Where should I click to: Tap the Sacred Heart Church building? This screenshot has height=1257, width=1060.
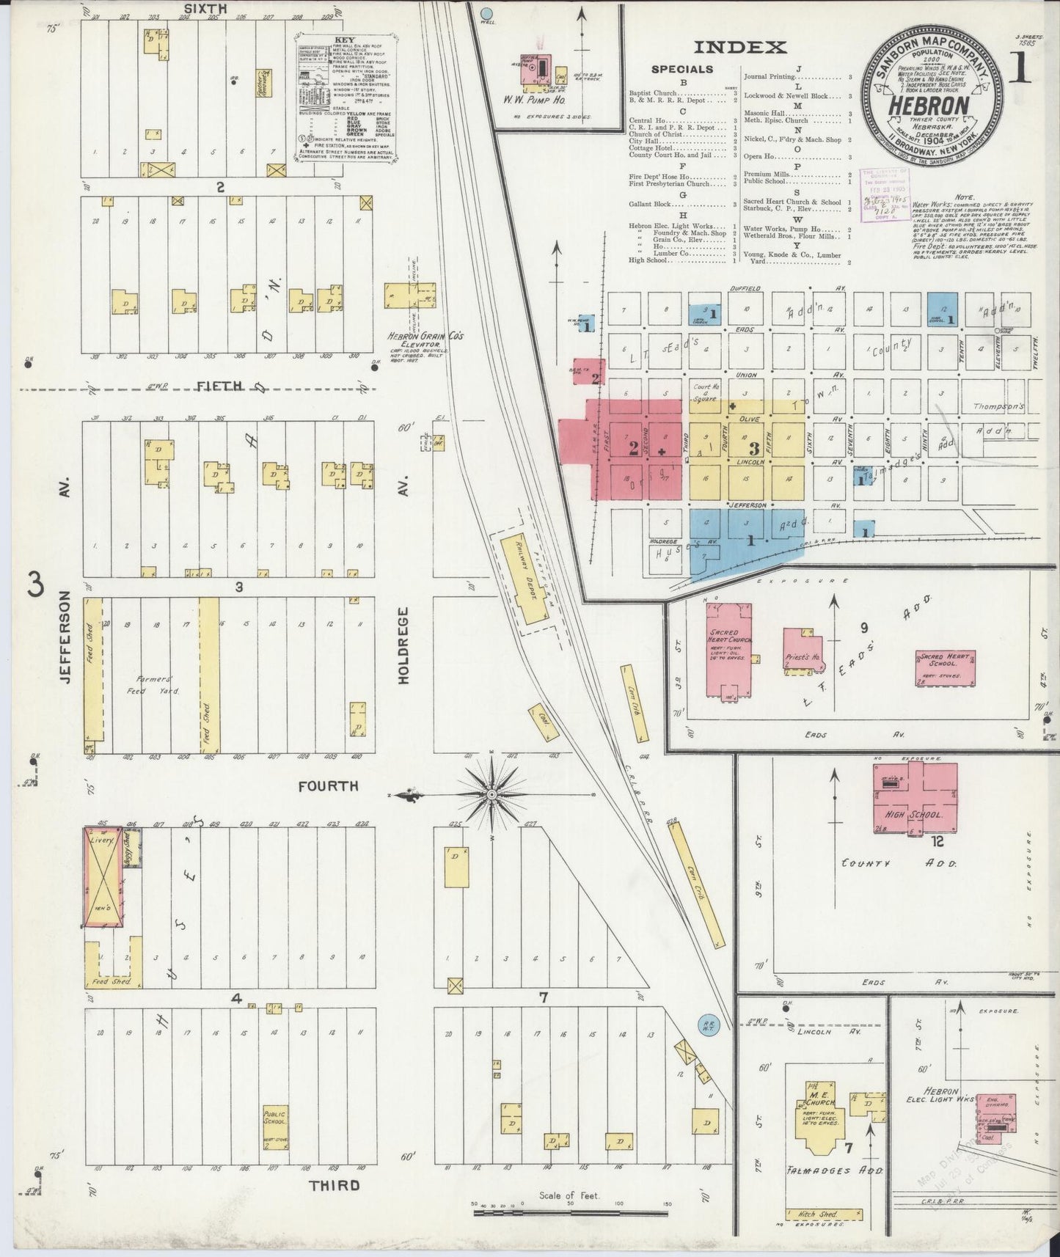(728, 648)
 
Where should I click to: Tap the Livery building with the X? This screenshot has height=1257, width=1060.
(103, 876)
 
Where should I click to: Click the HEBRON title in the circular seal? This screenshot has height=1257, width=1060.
(929, 104)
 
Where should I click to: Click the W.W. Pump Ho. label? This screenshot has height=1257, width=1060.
(543, 99)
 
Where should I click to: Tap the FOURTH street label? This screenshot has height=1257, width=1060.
(328, 786)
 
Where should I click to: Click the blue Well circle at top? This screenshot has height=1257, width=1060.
(485, 12)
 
